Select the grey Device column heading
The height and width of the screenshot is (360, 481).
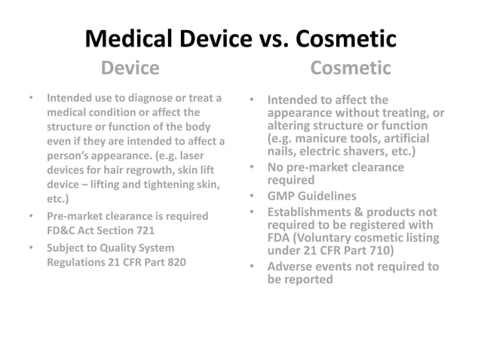130,69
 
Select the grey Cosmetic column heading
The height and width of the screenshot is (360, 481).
351,69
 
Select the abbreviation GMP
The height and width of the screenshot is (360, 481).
285,197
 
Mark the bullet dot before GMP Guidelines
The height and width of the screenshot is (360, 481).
254,197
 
